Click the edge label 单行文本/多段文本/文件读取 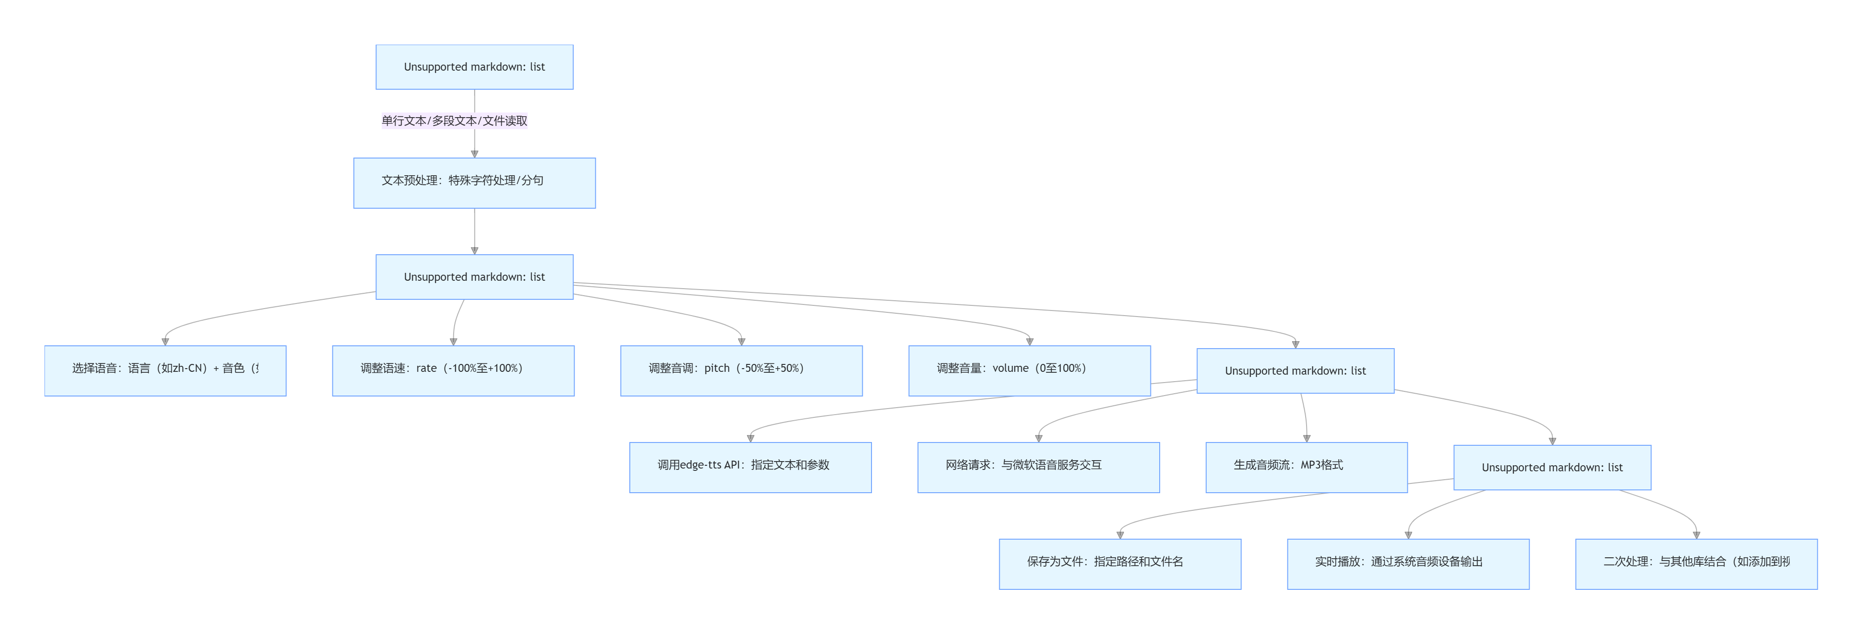[x=454, y=121]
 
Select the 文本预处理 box [x=474, y=183]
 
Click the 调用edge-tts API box [x=750, y=467]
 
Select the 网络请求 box [x=1038, y=467]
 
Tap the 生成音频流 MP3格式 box [x=1306, y=467]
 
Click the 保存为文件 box [x=1120, y=564]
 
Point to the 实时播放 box [x=1407, y=564]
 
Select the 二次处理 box [x=1696, y=564]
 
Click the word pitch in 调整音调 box [x=717, y=368]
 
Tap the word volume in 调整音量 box [x=1010, y=368]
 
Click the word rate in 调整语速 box [x=427, y=368]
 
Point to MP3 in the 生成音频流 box [x=1310, y=465]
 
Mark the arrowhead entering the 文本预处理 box [x=474, y=154]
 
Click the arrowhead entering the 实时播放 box [x=1408, y=535]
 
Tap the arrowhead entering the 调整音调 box [x=741, y=342]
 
